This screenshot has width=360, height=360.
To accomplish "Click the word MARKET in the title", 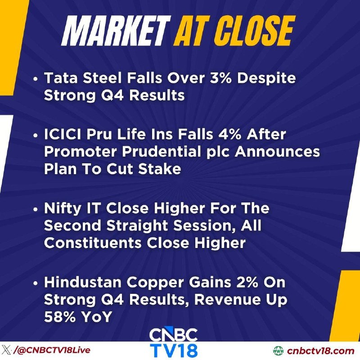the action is point(116,31).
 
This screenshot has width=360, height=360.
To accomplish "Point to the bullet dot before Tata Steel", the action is point(35,79).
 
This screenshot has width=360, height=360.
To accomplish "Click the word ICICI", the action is point(63,134).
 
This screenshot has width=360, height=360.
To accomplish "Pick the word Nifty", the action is point(63,208).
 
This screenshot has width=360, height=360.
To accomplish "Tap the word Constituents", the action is point(93,243).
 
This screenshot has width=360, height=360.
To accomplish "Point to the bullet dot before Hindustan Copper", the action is point(35,283).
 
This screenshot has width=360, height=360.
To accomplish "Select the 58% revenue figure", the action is point(60,317).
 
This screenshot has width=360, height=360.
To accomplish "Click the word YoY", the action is point(97,317).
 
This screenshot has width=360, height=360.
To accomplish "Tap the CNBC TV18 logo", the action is point(174,342).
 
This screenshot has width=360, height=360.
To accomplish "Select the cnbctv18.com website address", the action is point(320,351).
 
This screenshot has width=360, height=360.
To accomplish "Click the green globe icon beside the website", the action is point(279,351).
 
